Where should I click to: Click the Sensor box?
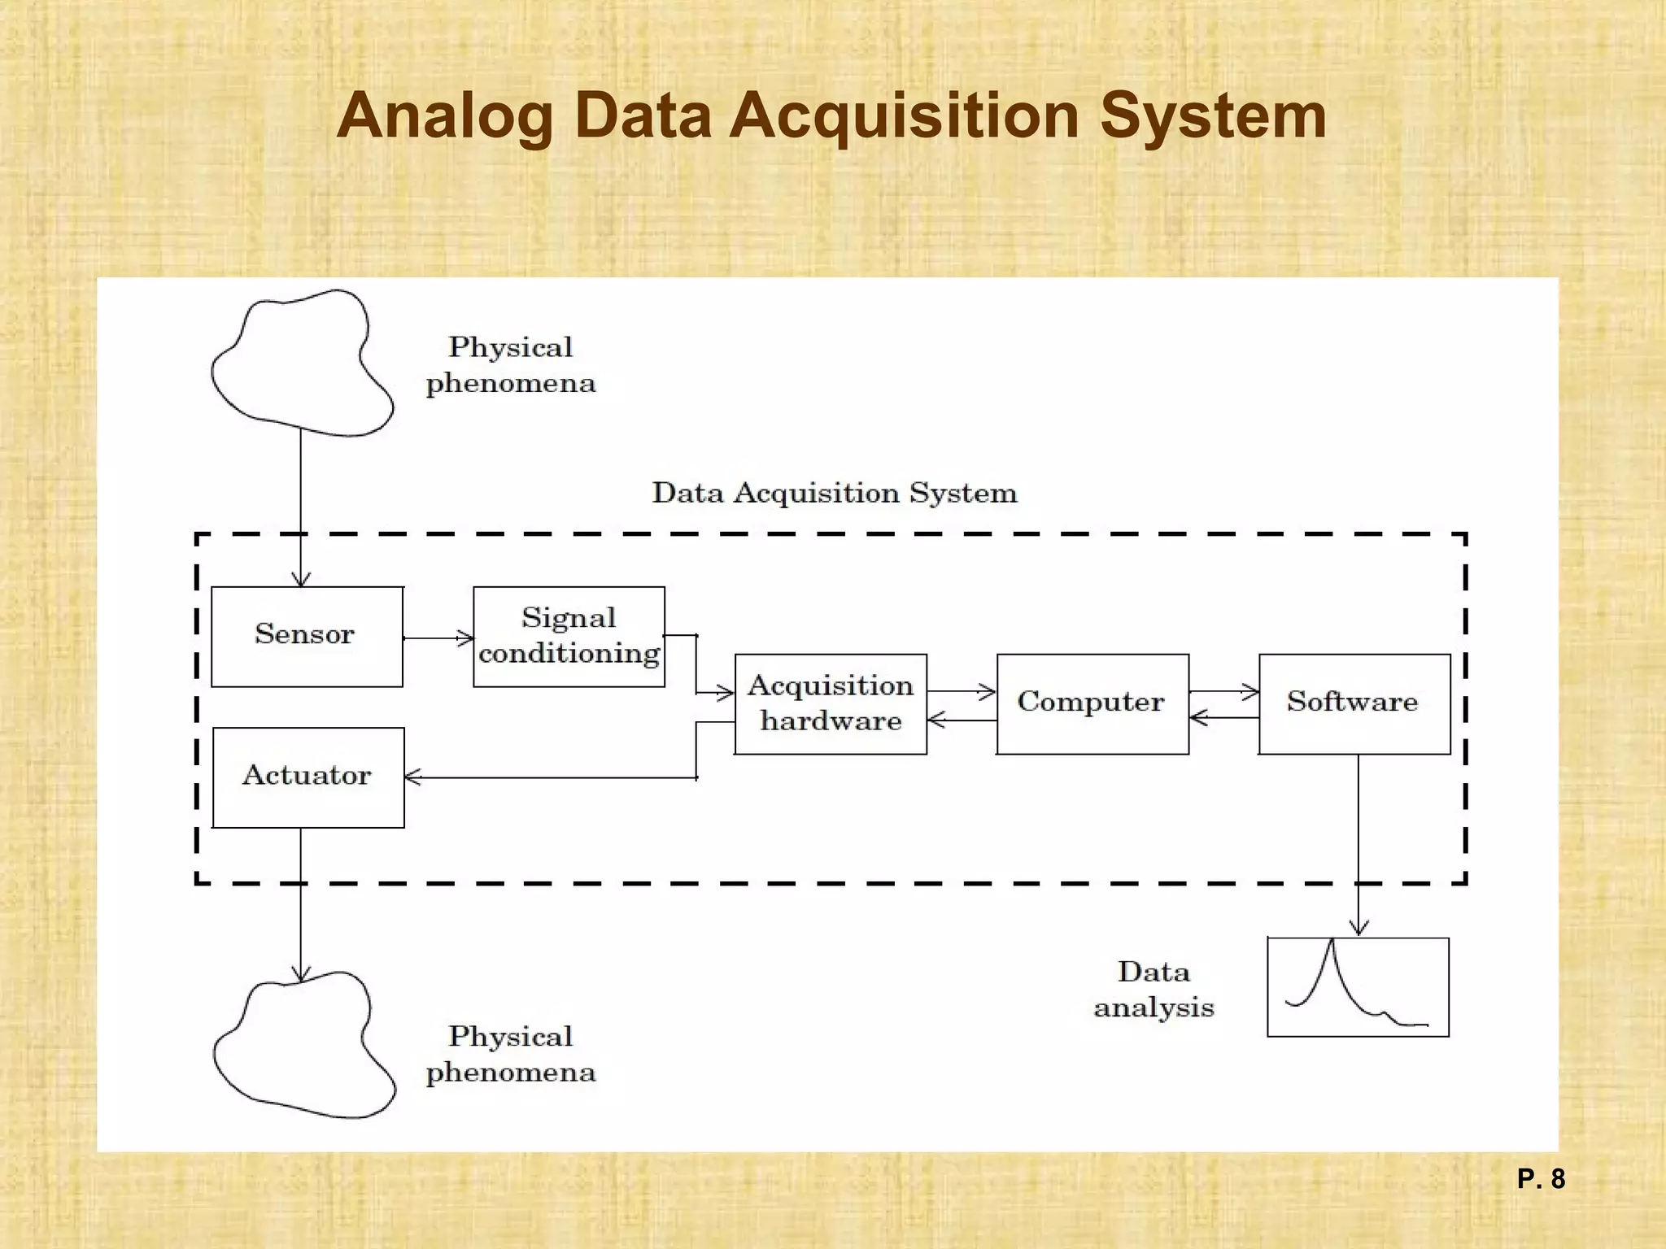tap(307, 637)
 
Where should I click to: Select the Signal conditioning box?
tap(569, 637)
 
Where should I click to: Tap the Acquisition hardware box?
tap(831, 704)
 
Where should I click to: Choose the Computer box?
tap(1092, 704)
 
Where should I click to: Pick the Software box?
tap(1354, 704)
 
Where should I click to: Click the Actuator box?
tap(308, 777)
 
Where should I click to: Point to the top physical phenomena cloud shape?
tap(301, 363)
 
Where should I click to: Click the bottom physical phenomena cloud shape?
tap(303, 1046)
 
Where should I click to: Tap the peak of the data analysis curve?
tap(1332, 942)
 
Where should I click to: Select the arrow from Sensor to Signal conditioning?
tap(438, 638)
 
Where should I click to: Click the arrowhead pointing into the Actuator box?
tap(412, 777)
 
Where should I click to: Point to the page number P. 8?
tap(1541, 1179)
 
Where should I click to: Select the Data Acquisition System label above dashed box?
tap(835, 493)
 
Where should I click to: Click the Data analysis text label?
tap(1154, 989)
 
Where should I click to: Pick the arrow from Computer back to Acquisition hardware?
tap(962, 720)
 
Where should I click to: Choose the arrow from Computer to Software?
tap(1223, 692)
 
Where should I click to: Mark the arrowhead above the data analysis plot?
tap(1358, 927)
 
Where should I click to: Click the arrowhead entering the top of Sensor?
tap(301, 579)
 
